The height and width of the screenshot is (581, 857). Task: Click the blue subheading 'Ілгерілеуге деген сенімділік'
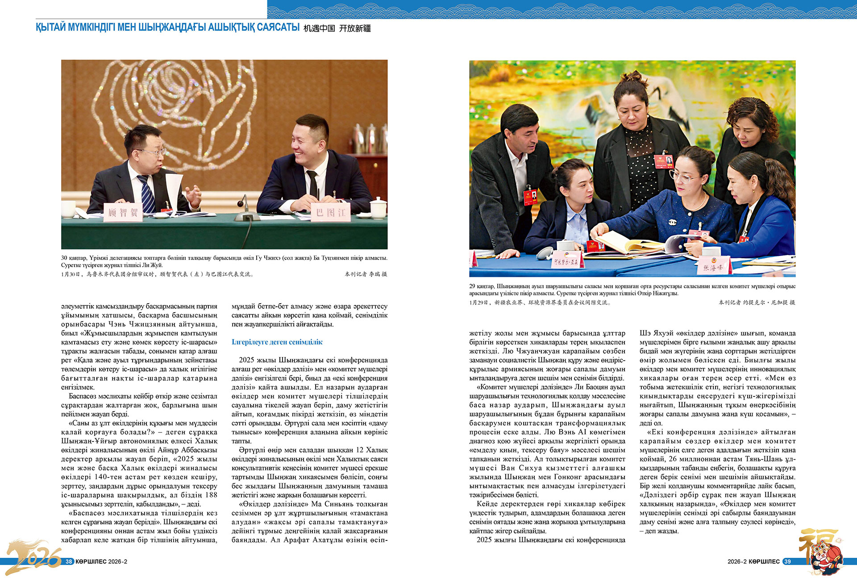pos(277,342)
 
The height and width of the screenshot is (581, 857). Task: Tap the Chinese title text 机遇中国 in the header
pos(319,28)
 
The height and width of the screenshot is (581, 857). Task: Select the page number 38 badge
pos(69,561)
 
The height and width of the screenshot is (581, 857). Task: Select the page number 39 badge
pos(787,561)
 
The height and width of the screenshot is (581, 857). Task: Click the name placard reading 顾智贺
pos(123,213)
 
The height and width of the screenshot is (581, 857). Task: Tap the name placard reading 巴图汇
pos(331,213)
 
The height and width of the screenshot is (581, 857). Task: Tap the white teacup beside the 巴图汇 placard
pos(378,208)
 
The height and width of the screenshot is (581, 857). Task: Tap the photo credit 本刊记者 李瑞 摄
pos(366,274)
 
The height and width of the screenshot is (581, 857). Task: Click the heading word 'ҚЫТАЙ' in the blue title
pos(50,27)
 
